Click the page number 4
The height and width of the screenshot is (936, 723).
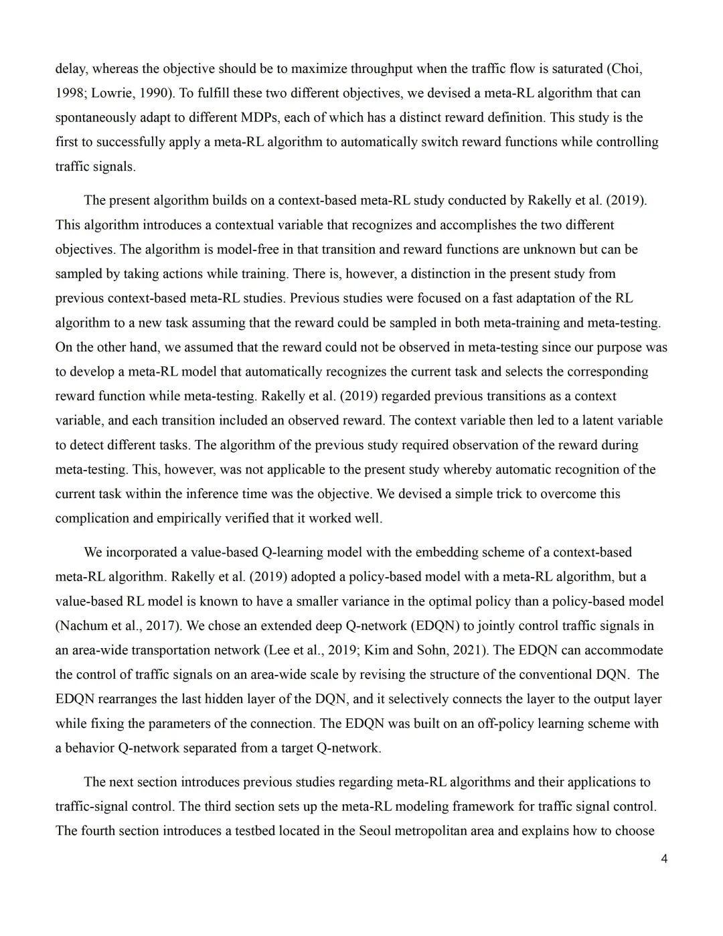(663, 859)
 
